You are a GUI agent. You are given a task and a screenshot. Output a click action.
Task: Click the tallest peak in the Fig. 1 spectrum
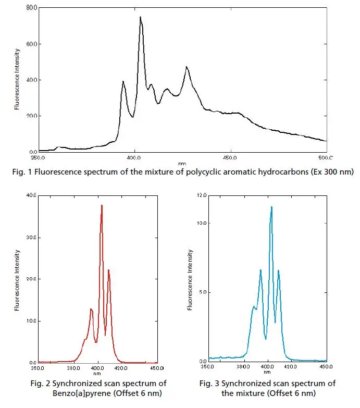(140, 17)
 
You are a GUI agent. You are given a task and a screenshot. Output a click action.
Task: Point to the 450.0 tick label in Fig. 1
(230, 157)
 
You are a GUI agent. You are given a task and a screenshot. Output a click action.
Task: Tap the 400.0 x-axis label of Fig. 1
(134, 157)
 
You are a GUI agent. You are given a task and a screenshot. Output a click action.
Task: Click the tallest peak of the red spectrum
(102, 205)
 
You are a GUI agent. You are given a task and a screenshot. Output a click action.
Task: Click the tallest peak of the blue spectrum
(271, 207)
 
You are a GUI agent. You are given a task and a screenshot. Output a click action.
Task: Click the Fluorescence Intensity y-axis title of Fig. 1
(18, 79)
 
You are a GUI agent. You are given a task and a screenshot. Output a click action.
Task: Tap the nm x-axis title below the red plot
(97, 373)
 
